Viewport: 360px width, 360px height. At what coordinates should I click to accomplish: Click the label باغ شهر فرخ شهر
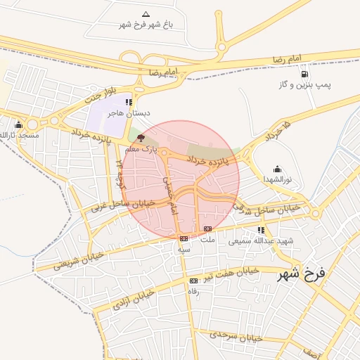146,25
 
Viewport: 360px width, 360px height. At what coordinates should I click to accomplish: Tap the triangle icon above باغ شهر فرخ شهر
146,14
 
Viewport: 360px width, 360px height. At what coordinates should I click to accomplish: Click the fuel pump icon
304,74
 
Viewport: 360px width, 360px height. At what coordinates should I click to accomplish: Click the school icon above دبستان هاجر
129,102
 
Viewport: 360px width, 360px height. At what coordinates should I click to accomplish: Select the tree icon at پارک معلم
141,139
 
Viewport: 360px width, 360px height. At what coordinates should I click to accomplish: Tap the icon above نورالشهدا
277,169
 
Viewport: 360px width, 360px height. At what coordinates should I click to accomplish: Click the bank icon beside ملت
207,229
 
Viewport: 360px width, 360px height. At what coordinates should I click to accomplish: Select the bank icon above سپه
184,238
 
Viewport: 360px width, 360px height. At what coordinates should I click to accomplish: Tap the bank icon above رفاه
193,281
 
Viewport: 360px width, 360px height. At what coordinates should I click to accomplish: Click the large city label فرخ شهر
302,273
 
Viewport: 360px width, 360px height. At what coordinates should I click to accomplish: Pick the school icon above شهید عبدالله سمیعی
261,230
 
